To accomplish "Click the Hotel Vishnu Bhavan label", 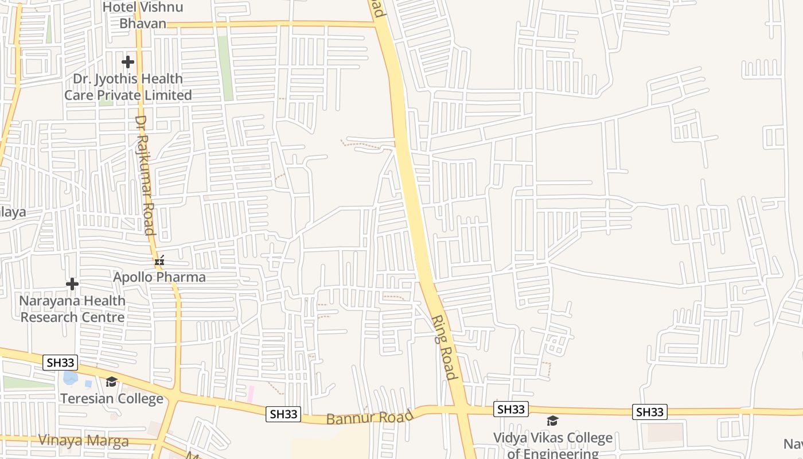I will click(x=143, y=15).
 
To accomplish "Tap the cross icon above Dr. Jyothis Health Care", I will click(x=128, y=61).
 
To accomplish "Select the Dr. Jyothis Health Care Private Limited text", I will click(x=128, y=87).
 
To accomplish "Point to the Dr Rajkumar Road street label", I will click(x=146, y=176).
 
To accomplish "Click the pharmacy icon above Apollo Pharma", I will click(x=159, y=260).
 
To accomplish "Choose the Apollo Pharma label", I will click(x=159, y=277).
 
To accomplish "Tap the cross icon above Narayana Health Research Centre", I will click(x=72, y=284).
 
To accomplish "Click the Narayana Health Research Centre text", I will click(x=72, y=309).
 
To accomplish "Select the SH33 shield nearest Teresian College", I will click(x=60, y=363).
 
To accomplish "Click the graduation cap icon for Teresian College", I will click(x=111, y=382).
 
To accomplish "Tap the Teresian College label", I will click(x=112, y=398).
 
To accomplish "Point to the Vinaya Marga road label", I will click(x=83, y=441).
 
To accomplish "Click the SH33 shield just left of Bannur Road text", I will click(x=283, y=414).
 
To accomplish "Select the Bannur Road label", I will click(x=369, y=417).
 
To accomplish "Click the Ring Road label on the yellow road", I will click(x=445, y=347).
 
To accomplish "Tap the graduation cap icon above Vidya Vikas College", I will click(x=552, y=421).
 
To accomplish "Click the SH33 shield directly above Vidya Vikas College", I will click(x=510, y=409).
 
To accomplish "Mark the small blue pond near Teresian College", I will click(x=70, y=378).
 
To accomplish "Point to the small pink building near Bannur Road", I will click(x=251, y=394).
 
